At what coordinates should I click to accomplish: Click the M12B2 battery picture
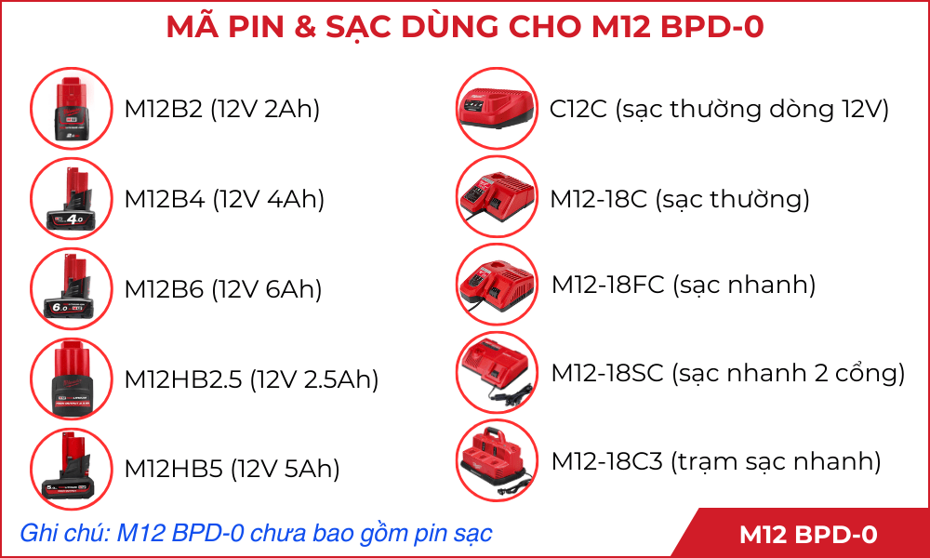click(72, 109)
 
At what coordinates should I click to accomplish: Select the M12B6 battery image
click(72, 288)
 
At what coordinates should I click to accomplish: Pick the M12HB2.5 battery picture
click(72, 379)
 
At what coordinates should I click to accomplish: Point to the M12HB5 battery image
click(72, 469)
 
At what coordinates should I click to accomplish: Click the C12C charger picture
click(497, 108)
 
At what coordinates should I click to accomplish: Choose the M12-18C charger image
click(497, 197)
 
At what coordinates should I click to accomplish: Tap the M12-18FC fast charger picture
click(497, 285)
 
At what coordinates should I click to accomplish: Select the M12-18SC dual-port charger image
click(497, 372)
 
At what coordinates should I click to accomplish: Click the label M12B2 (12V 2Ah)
click(222, 110)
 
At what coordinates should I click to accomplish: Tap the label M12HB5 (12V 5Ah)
click(232, 470)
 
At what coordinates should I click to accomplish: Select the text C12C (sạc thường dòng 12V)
click(720, 110)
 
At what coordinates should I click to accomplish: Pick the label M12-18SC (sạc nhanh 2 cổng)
click(728, 374)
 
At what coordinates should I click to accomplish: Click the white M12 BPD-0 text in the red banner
click(808, 535)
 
